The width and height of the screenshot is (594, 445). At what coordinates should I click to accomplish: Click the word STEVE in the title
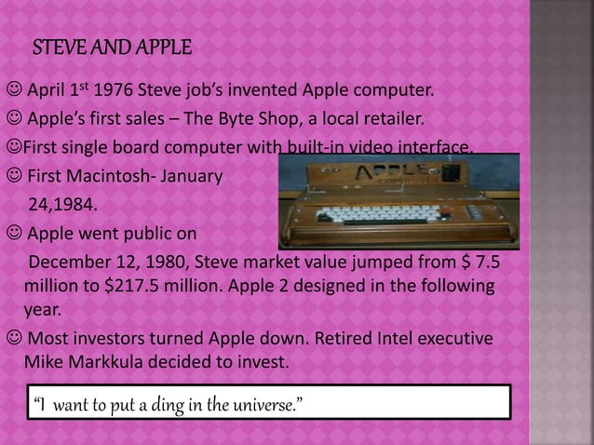57,47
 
